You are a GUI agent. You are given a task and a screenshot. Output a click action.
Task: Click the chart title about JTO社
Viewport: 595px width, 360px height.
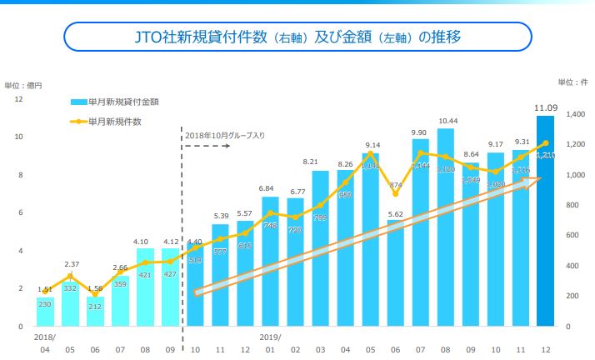(297, 37)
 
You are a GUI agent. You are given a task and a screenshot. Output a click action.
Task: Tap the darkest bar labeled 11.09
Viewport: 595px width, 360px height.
(546, 221)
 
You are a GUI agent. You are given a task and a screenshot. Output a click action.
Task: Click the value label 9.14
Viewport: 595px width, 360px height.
(372, 145)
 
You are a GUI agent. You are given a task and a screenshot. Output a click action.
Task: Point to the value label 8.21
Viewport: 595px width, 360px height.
(322, 162)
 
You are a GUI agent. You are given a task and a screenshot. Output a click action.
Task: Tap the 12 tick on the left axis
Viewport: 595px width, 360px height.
(18, 99)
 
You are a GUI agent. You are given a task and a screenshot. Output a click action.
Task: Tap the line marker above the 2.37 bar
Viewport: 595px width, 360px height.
(70, 276)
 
